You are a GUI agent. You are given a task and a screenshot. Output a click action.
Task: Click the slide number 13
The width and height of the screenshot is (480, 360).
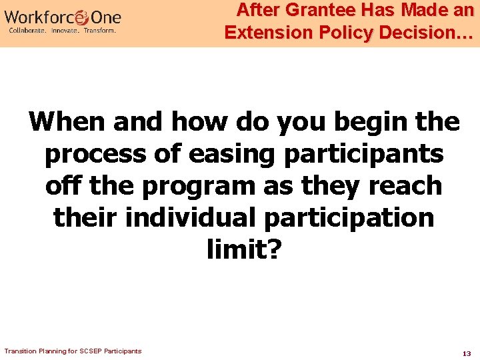(x=466, y=353)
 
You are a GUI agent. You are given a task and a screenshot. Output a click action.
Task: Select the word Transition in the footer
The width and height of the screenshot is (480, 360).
(x=19, y=351)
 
